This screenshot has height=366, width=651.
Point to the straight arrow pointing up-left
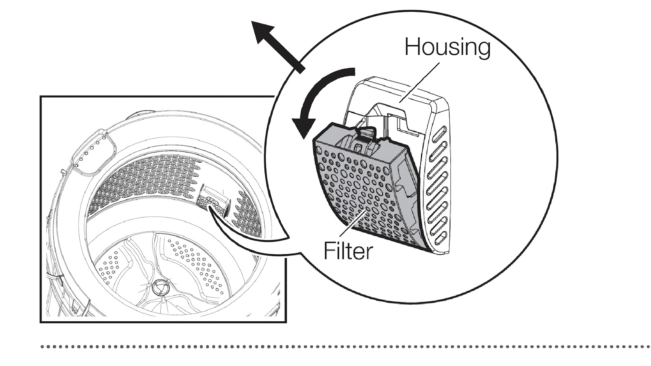(x=277, y=46)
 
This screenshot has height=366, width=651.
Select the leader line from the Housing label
(x=419, y=83)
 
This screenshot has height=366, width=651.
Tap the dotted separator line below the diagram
(x=345, y=347)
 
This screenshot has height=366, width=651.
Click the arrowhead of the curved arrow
(x=303, y=127)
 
